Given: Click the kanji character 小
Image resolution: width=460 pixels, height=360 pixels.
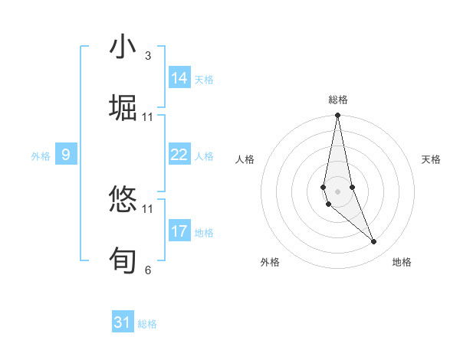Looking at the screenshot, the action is [123, 47].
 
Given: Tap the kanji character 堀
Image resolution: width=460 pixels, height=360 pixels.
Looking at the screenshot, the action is [123, 108].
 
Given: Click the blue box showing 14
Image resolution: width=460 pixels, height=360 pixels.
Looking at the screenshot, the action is [179, 78].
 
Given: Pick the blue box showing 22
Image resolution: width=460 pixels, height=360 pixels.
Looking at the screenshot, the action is [179, 155].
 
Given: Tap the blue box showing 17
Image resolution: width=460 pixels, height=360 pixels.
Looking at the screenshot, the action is [179, 231].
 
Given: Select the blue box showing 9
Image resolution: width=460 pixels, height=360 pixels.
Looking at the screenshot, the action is [66, 155].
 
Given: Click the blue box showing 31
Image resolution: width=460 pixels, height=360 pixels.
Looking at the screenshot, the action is [123, 322].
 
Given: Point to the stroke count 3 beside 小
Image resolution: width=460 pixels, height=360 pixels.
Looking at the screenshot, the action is [148, 56].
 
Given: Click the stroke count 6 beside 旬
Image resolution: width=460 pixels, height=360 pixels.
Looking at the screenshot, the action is [148, 270].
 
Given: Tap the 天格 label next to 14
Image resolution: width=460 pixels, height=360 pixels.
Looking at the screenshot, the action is [204, 80].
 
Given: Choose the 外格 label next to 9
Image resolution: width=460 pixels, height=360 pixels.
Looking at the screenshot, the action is [41, 156].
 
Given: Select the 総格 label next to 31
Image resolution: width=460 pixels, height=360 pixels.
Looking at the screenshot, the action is [147, 324].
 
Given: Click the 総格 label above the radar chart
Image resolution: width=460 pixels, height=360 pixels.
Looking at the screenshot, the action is [338, 100].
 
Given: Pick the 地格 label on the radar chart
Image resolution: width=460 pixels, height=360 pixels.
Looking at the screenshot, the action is [402, 262].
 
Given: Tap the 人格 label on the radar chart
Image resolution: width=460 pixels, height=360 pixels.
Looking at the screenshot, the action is [245, 159].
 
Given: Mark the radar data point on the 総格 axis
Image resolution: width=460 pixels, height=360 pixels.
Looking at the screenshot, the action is [338, 116].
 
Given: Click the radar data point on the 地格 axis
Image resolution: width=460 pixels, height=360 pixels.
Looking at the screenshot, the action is [374, 242].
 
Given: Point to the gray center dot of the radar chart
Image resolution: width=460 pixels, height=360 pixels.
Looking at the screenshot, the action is [338, 191].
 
